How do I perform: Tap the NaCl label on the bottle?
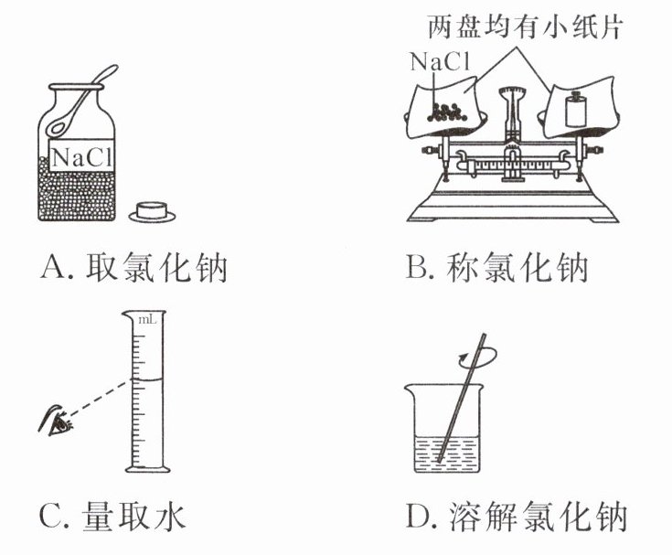pos(80,157)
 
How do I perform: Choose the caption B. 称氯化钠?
pos(498,271)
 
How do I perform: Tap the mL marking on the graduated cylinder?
pos(145,322)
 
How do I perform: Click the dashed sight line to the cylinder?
pos(100,401)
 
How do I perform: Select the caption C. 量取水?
pos(113,518)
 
